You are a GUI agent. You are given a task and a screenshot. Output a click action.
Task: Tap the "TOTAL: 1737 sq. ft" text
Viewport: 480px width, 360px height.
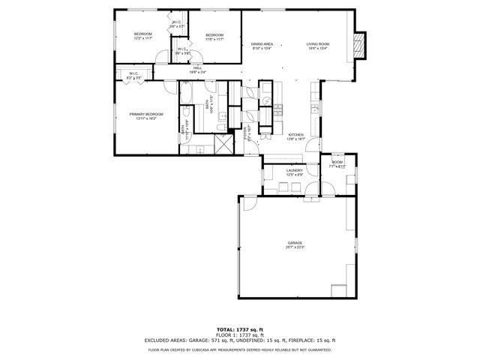click(239, 329)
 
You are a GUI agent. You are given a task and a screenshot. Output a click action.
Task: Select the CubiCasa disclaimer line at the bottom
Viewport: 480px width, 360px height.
click(239, 349)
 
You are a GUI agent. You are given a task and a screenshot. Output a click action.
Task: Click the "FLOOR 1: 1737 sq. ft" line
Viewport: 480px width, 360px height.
click(239, 334)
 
